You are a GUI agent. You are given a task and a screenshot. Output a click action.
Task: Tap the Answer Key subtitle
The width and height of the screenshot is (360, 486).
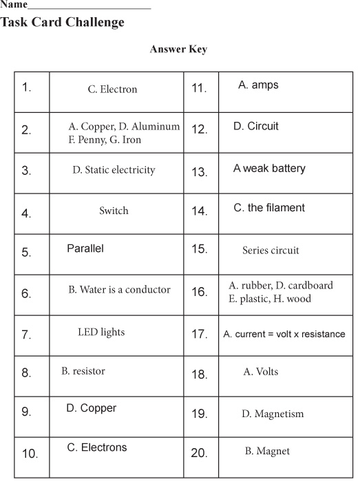coord(178,50)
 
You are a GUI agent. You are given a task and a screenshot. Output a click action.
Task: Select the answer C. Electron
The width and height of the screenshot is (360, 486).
coord(112,89)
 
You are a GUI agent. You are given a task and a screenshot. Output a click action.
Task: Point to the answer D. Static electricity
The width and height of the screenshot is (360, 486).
coord(114,170)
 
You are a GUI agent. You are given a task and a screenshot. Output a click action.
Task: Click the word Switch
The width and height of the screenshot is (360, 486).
coord(114,211)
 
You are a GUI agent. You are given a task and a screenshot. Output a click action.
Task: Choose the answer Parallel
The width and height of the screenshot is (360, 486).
coord(85,249)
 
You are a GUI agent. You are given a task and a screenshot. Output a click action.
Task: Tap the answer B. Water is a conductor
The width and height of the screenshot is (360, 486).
coord(119,290)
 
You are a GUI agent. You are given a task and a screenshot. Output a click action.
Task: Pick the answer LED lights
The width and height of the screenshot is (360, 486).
coord(101,332)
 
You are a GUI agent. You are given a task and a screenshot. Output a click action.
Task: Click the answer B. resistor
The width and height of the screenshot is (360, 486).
coord(83,371)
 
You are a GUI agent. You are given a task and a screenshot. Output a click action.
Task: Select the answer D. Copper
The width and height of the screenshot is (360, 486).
coord(92,408)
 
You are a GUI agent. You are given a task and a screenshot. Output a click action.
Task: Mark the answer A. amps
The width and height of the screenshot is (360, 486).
coord(258,85)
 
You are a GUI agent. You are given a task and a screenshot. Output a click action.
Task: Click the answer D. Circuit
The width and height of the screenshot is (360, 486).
coord(256,127)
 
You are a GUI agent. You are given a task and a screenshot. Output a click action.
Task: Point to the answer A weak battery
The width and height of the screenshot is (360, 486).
coord(269,169)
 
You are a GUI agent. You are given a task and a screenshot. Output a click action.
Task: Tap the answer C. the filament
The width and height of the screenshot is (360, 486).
coord(269,208)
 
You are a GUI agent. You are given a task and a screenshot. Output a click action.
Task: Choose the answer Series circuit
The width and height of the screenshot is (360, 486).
coord(271,251)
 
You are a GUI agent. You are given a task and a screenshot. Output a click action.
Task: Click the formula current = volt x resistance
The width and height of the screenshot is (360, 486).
coord(284,335)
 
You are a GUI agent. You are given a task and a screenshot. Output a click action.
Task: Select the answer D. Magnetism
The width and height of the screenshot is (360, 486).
coord(272,414)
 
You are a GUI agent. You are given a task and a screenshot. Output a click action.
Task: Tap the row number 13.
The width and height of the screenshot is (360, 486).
coord(199,172)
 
